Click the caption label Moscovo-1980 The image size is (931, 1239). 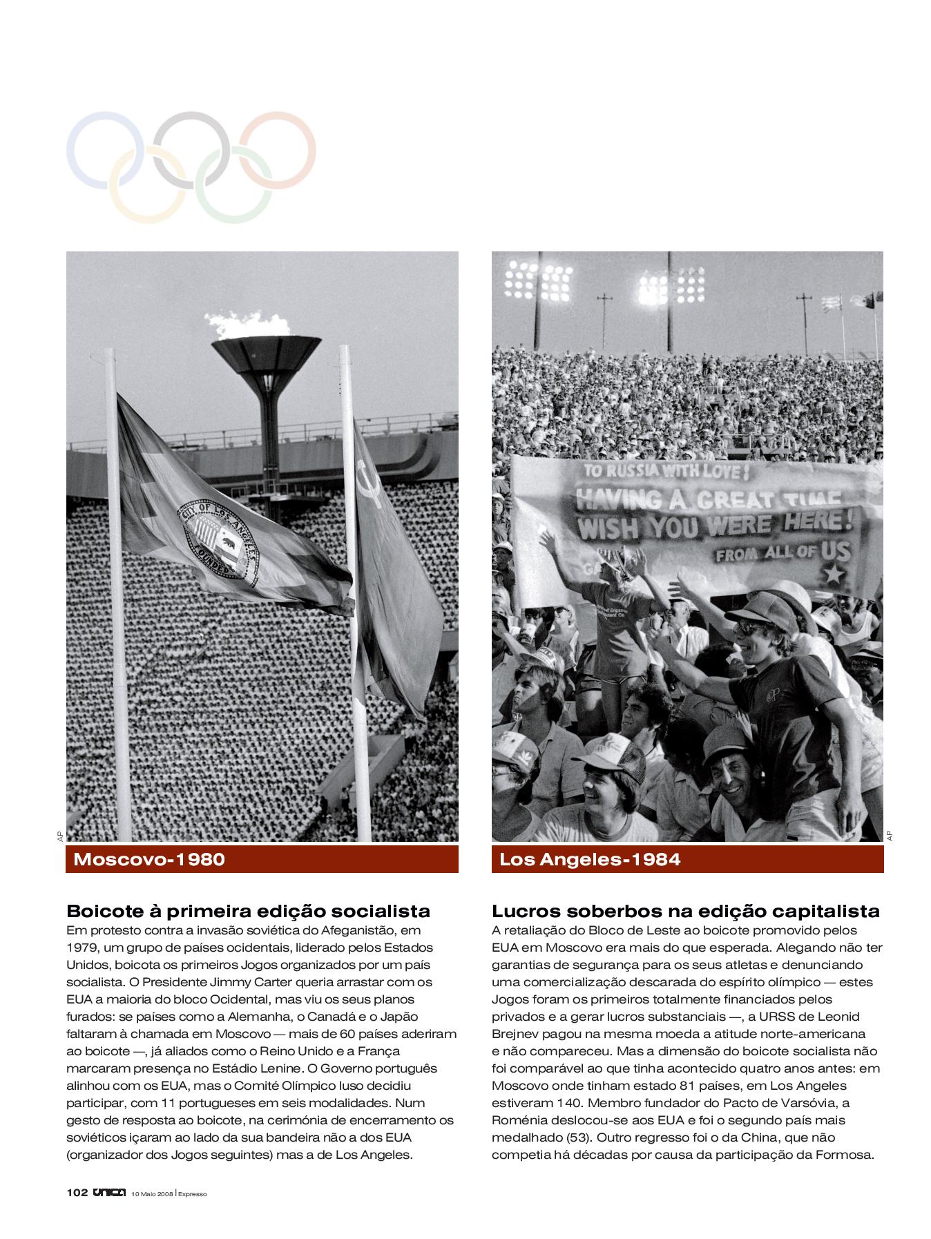point(149,860)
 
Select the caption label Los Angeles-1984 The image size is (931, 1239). point(590,860)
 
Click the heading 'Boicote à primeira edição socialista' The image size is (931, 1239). point(248,911)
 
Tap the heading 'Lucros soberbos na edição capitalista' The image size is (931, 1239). point(685,911)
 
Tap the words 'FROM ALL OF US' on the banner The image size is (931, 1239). point(783,553)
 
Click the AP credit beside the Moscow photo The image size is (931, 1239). point(59,836)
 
